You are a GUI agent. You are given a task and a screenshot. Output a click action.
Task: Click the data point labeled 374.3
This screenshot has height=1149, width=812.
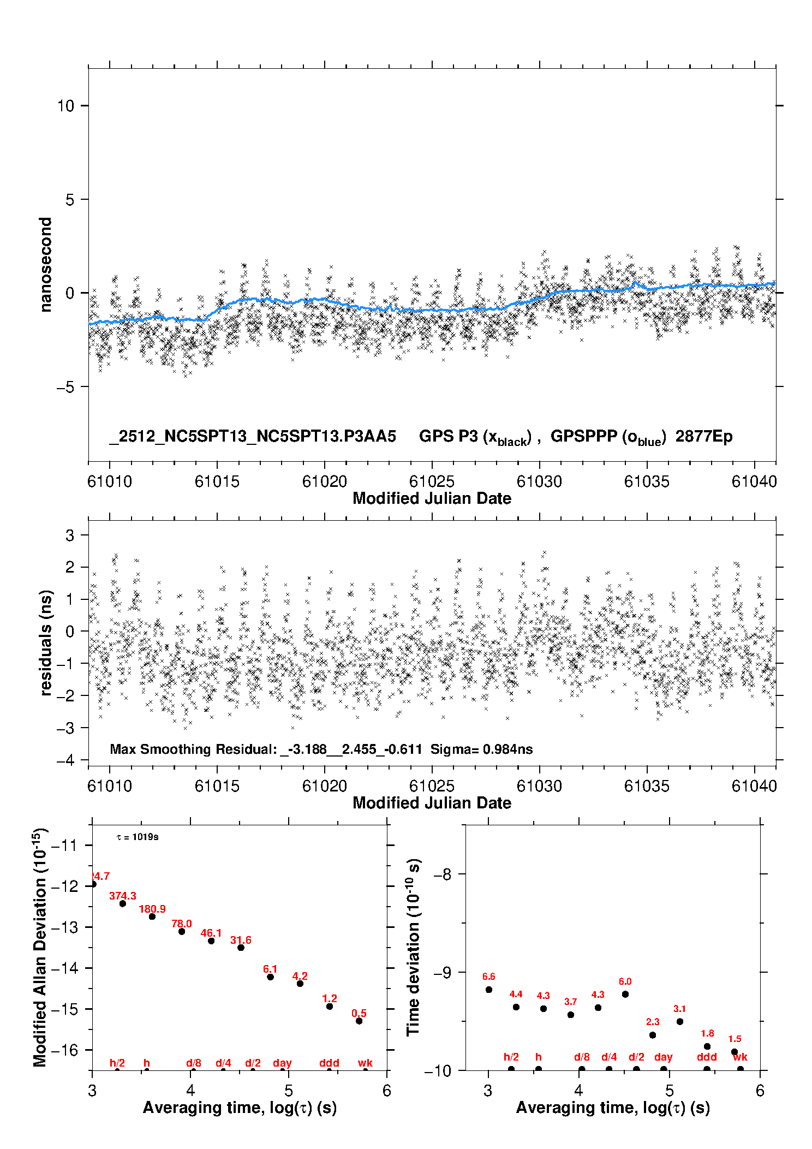pos(123,903)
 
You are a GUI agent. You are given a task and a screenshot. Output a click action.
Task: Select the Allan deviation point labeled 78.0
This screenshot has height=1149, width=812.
pos(182,931)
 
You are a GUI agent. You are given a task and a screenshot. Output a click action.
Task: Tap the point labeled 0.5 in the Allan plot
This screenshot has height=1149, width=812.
pos(359,1021)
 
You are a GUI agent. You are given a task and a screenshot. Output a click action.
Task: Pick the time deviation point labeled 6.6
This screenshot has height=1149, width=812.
pos(489,990)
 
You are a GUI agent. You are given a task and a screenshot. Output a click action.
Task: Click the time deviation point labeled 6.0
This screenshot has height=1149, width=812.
pos(625,994)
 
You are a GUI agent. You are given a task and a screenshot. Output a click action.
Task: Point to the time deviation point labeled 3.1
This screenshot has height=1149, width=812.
pos(680,1021)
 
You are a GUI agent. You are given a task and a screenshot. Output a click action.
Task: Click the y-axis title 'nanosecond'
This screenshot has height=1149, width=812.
pos(45,264)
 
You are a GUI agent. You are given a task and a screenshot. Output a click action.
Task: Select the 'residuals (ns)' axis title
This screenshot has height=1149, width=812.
pos(46,642)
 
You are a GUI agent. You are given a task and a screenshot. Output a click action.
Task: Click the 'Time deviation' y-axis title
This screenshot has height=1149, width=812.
pos(413,947)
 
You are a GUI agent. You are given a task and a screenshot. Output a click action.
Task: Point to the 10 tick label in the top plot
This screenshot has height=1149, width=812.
pos(65,106)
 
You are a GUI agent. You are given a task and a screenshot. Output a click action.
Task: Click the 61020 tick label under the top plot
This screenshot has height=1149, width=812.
pos(324,481)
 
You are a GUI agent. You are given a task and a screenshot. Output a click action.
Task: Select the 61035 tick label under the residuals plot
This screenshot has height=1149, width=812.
pos(647,786)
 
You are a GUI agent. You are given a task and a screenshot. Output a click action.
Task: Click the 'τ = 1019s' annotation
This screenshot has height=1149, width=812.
pos(138,837)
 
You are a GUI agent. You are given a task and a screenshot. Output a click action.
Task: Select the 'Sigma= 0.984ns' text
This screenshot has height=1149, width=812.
pos(481,749)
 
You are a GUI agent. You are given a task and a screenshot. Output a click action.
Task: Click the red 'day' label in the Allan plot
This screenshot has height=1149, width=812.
pos(282,1062)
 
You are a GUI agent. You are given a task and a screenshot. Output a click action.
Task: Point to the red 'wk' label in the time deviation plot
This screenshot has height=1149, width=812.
pos(740,1057)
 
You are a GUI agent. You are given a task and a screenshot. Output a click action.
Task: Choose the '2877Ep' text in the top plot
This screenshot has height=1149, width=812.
pos(703,437)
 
